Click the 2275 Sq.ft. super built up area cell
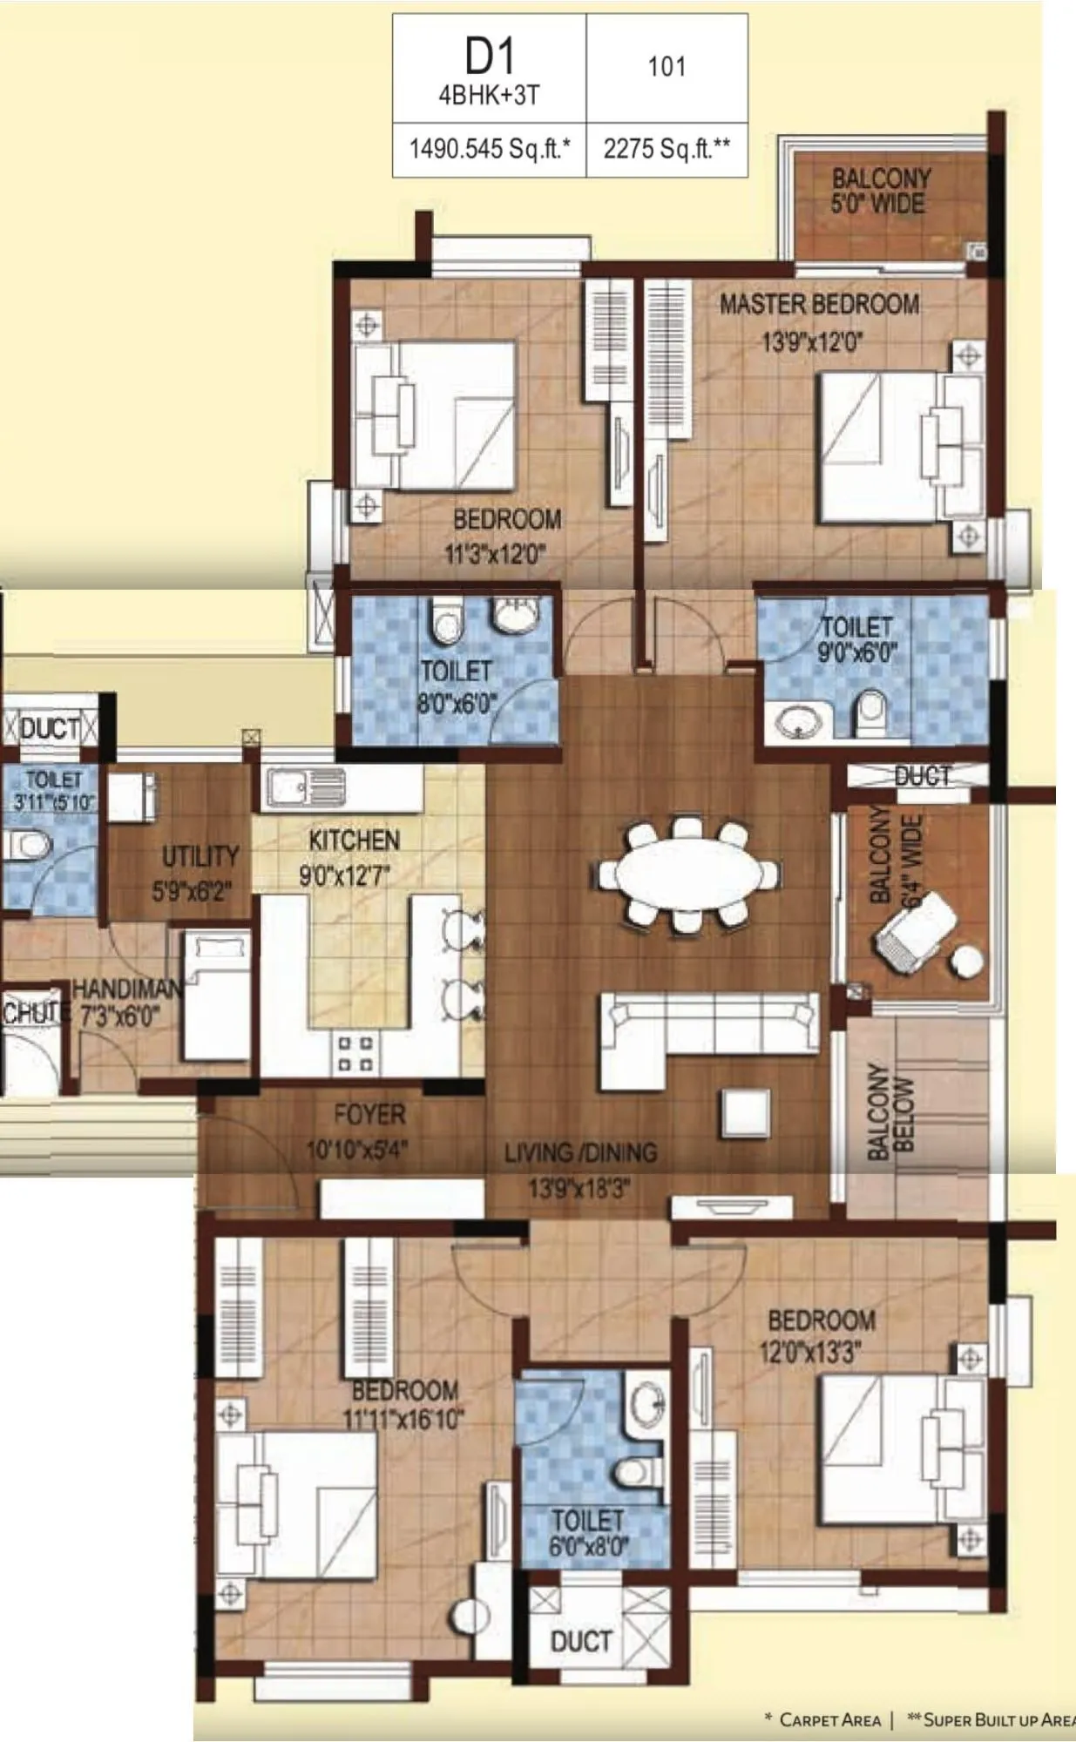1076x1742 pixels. tap(667, 149)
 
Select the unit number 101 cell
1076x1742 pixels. tap(667, 67)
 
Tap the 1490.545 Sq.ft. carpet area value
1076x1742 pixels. tap(490, 149)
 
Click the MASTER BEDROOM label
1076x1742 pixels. tap(818, 305)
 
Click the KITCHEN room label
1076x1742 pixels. tap(355, 841)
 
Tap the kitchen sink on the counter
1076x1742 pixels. tap(305, 788)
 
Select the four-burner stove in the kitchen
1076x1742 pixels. tap(355, 1052)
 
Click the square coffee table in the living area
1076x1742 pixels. tap(745, 1113)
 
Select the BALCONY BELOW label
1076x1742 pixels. tap(891, 1112)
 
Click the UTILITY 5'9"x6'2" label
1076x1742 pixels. tap(200, 872)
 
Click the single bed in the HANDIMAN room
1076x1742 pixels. tap(216, 993)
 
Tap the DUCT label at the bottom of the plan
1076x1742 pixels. tap(581, 1642)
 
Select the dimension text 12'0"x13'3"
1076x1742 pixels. tap(810, 1352)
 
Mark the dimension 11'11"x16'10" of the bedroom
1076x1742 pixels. tap(403, 1419)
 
